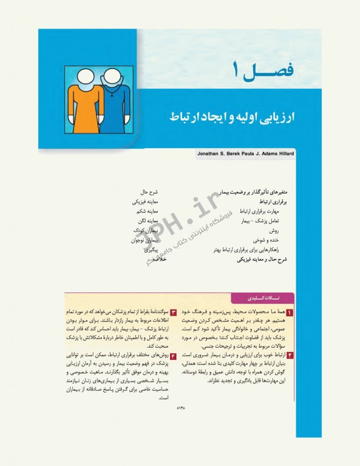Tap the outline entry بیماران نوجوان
(144, 240)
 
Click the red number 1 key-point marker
(290, 312)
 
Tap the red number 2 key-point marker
(290, 354)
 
